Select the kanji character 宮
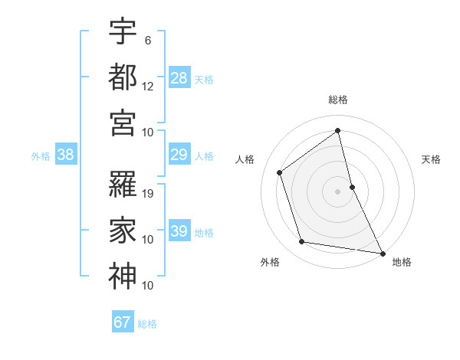123,123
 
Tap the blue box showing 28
179,78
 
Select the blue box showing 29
179,155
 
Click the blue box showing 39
179,231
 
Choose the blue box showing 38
66,155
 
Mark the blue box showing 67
123,322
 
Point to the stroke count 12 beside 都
148,86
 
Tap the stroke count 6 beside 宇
147,40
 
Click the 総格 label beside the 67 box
147,324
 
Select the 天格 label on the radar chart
431,159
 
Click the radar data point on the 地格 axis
382,253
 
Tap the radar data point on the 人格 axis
280,172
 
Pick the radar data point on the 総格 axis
337,130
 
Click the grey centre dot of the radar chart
337,191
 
